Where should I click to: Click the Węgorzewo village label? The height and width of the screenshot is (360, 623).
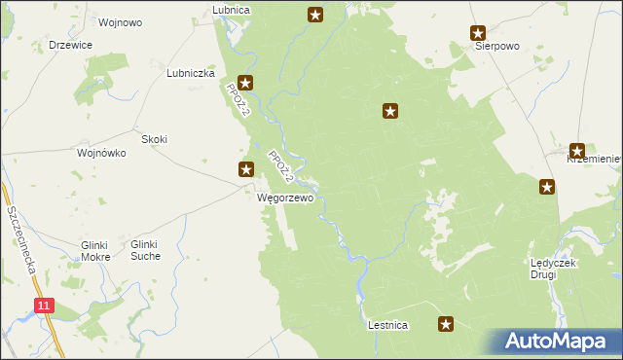coord(285,198)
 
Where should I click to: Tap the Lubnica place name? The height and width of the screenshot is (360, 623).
coord(232,10)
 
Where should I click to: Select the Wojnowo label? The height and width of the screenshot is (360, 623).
coord(121,21)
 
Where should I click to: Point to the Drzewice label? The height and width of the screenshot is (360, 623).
coord(70,45)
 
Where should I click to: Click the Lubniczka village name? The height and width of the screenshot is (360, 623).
coord(190,73)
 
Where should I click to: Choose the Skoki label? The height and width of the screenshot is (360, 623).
coord(155,139)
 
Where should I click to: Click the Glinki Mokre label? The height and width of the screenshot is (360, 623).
coord(95,251)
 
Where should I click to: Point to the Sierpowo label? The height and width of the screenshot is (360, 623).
coord(496,46)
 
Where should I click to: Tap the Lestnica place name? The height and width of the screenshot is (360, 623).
coord(387,325)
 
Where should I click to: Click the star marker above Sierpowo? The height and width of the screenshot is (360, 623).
coord(477,32)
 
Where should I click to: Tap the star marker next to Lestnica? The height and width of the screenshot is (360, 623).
coord(446,324)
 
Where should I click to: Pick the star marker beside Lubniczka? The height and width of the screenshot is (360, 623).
coord(245,84)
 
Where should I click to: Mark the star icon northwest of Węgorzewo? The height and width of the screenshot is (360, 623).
coord(247,169)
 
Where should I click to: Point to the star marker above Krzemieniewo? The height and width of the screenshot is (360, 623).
coord(577,151)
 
